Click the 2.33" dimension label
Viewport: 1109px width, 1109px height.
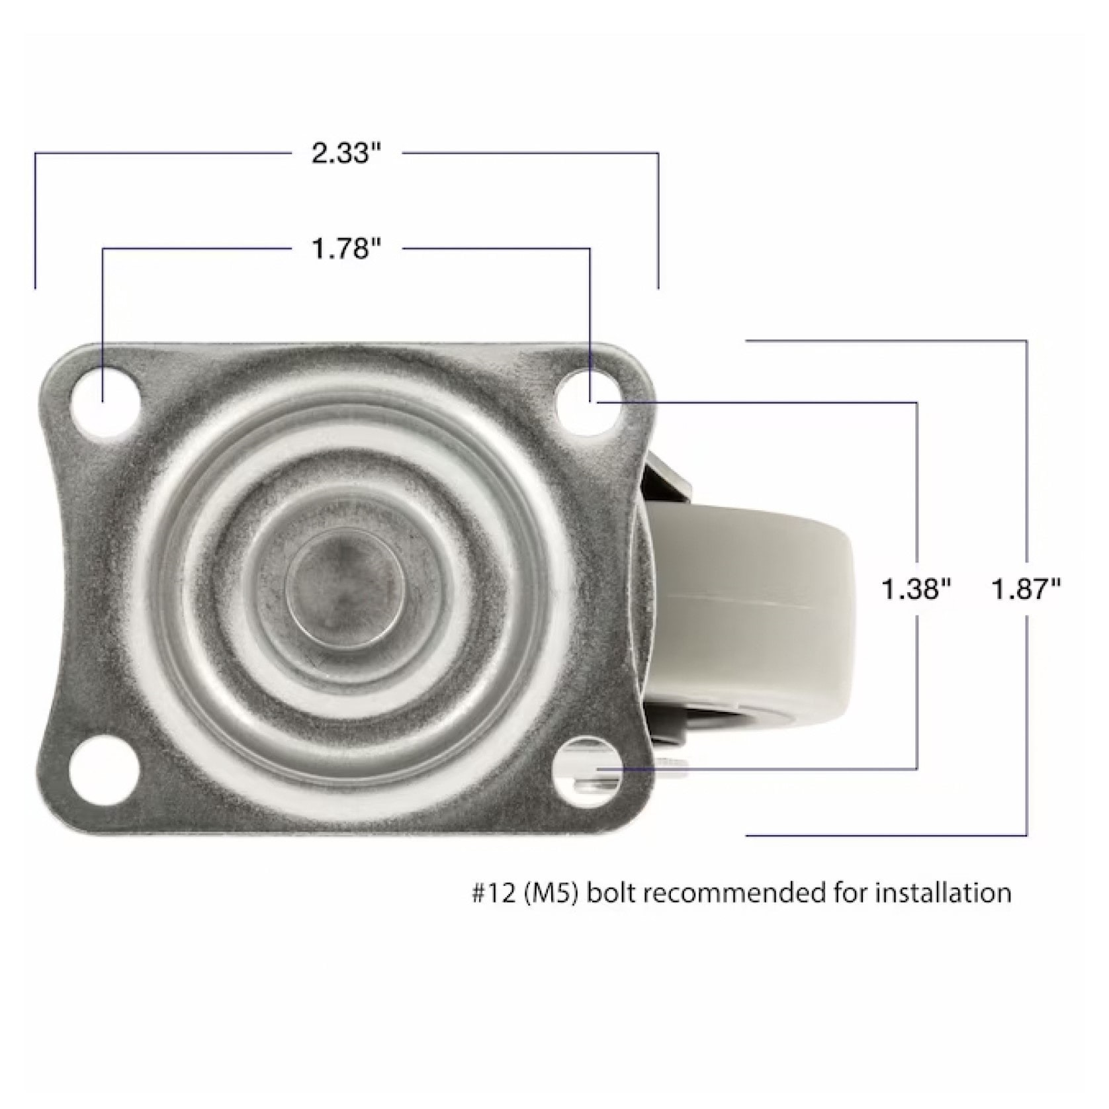click(347, 154)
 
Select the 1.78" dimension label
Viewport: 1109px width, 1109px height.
click(347, 249)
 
